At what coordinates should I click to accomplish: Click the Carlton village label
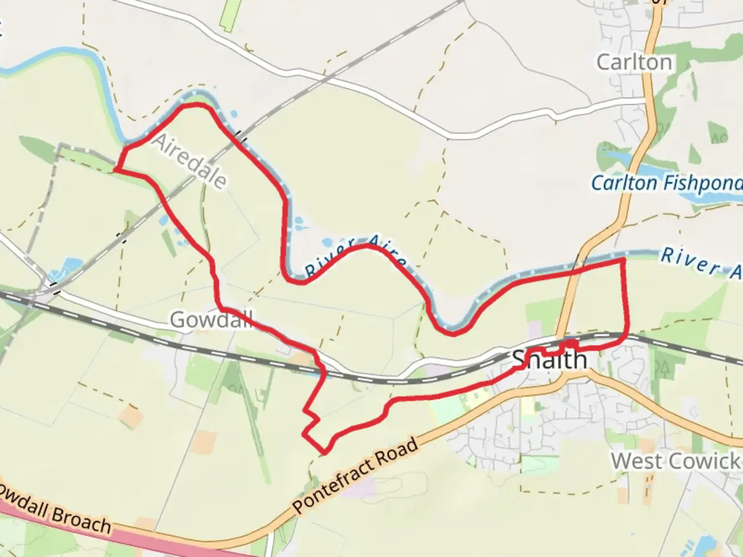[634, 62]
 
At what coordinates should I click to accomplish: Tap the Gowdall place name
[211, 320]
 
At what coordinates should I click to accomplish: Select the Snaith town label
[549, 359]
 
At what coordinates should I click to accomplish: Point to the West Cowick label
[675, 461]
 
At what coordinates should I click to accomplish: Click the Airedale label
[189, 161]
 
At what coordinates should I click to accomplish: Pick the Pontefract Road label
[356, 476]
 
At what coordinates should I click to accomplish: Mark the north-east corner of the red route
[623, 260]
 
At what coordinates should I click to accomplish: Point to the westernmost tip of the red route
[115, 169]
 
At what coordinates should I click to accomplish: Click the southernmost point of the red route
[325, 453]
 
